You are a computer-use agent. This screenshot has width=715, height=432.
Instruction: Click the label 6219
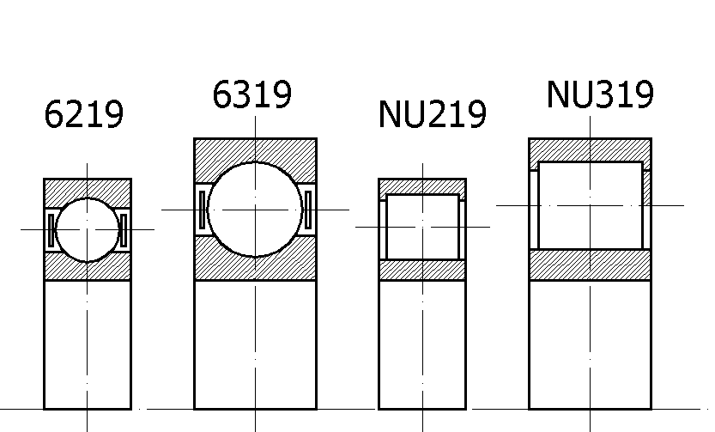tap(84, 114)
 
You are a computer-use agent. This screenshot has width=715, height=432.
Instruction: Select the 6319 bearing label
tap(251, 94)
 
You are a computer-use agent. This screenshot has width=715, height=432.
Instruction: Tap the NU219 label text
tap(433, 114)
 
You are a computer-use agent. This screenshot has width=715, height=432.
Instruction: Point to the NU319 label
tap(600, 94)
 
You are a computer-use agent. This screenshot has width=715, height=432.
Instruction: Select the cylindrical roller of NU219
tap(422, 228)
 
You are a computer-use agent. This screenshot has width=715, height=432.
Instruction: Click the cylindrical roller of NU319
tap(591, 206)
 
